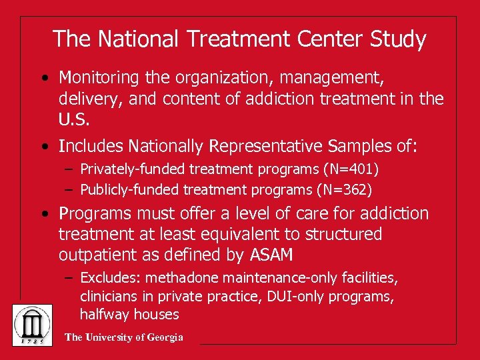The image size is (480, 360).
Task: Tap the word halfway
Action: coord(102,314)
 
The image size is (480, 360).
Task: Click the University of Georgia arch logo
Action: coord(32,324)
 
